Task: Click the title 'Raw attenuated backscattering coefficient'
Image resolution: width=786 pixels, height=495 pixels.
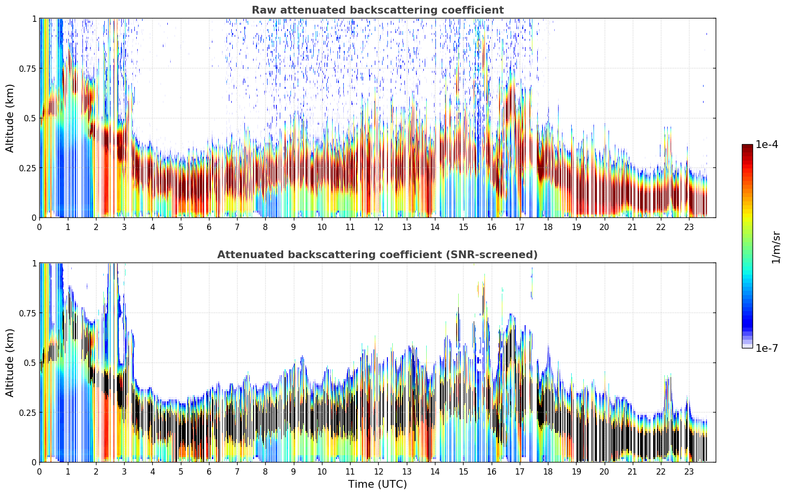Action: tap(378, 10)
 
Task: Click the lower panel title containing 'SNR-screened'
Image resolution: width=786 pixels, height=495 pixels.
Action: tap(378, 254)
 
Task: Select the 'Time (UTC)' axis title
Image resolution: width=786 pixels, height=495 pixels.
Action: tap(378, 484)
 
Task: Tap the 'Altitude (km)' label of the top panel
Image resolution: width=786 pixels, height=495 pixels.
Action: tap(10, 118)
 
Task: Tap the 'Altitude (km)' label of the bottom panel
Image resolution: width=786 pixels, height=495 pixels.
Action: tap(10, 363)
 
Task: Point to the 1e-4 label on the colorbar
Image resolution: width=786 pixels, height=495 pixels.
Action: tap(767, 145)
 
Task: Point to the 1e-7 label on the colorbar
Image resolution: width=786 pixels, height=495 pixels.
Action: tap(767, 348)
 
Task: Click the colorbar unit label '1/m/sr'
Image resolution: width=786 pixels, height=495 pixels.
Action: tap(776, 247)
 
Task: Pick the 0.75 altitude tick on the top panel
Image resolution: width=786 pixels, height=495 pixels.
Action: tap(27, 69)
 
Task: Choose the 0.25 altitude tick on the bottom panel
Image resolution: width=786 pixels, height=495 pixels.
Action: tap(27, 413)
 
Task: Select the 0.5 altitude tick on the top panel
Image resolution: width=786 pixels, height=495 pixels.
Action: tap(30, 119)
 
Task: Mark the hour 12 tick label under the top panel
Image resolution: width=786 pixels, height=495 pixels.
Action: tap(378, 227)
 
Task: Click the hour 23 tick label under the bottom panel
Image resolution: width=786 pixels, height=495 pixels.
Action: tap(689, 472)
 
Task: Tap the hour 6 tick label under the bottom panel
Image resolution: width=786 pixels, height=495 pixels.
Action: tap(209, 472)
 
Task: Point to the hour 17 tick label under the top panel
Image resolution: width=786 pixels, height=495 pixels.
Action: tap(520, 227)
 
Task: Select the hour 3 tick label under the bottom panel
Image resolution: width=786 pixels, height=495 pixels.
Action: tap(124, 472)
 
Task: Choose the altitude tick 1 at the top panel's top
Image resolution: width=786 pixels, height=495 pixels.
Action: tap(34, 19)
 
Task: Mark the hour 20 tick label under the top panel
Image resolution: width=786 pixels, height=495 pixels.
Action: tap(604, 227)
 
